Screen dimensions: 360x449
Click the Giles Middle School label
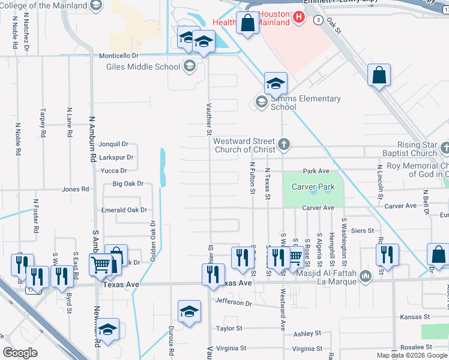click(143, 67)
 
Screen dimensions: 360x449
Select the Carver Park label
click(313, 187)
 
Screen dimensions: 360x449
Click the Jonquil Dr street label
click(113, 144)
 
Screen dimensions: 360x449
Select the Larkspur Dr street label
click(116, 157)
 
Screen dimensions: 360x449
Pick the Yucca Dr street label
click(113, 170)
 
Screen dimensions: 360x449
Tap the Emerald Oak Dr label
click(124, 210)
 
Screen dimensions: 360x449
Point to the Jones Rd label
click(76, 189)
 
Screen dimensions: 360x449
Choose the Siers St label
click(363, 230)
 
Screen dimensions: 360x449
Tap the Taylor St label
click(229, 328)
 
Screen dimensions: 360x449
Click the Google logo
click(20, 353)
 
